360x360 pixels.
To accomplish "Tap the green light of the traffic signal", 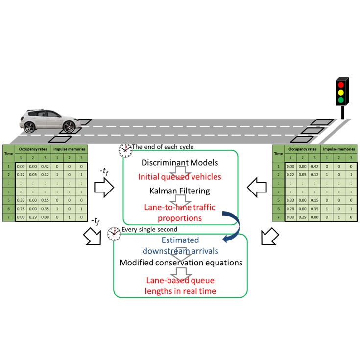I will [341, 100].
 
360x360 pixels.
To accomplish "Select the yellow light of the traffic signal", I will [341, 92].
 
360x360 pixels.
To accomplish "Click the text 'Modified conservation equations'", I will [181, 263].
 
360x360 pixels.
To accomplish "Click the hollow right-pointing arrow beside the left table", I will [104, 187].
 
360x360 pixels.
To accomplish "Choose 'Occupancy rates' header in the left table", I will [34, 149].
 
